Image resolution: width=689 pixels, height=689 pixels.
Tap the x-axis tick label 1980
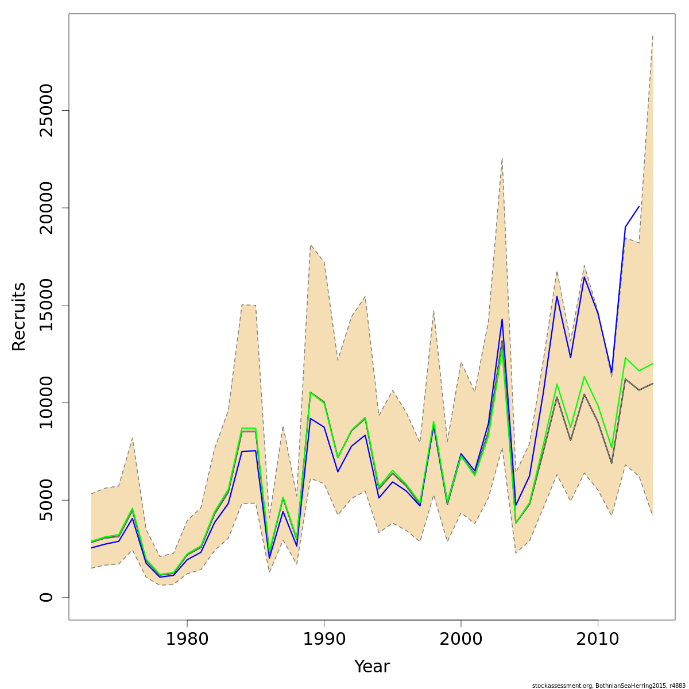pos(187,639)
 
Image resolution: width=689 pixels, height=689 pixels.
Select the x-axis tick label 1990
pos(324,639)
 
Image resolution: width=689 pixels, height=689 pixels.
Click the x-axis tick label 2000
pos(461,639)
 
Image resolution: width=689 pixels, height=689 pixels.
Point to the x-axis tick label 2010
pos(598,639)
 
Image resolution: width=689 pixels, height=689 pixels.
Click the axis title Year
pos(371,667)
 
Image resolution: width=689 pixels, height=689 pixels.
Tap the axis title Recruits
pos(19,316)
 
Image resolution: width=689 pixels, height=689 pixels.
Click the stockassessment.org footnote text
pos(609,685)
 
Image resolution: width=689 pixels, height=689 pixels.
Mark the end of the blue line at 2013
pos(639,207)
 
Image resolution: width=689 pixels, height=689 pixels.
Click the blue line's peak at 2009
pos(584,277)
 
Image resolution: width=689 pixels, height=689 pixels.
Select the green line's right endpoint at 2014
pos(653,363)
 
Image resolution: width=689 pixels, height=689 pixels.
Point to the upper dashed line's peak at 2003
pos(502,158)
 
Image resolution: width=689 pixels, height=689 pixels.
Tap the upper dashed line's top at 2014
pos(653,36)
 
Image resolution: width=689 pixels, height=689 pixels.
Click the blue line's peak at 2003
pos(502,319)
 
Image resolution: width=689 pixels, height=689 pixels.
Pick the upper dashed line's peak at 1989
pos(311,245)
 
